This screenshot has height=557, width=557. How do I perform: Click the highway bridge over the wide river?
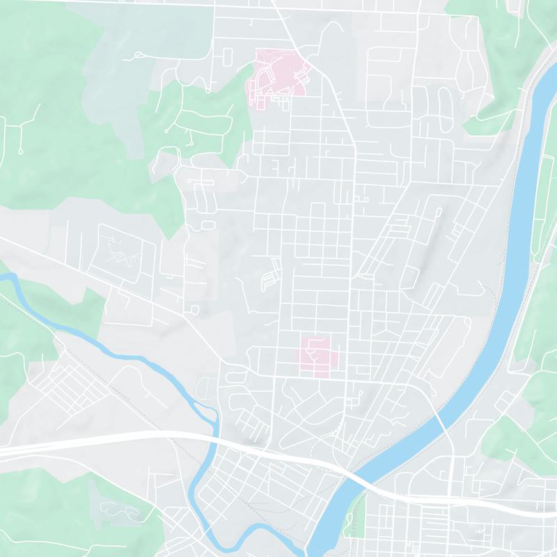362,480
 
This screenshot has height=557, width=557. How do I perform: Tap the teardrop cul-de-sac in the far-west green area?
21,150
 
